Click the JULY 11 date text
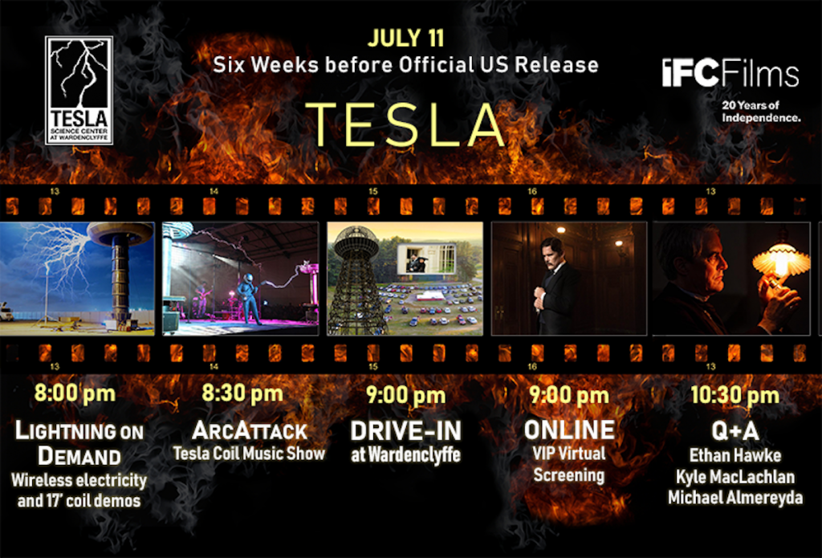pyautogui.click(x=405, y=39)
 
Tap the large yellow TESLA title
pyautogui.click(x=405, y=125)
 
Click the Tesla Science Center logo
pyautogui.click(x=79, y=90)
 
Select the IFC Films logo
pyautogui.click(x=730, y=73)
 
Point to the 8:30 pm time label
pyautogui.click(x=242, y=394)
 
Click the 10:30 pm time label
pyautogui.click(x=735, y=396)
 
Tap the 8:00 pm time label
pyautogui.click(x=75, y=393)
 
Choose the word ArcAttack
pyautogui.click(x=250, y=430)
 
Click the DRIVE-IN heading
pyautogui.click(x=405, y=431)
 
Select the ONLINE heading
pyautogui.click(x=569, y=430)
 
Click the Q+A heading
pyautogui.click(x=735, y=431)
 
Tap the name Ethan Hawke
pyautogui.click(x=735, y=455)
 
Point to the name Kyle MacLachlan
pyautogui.click(x=735, y=477)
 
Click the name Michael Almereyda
pyautogui.click(x=735, y=497)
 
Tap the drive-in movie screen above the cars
pyautogui.click(x=426, y=258)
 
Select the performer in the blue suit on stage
pyautogui.click(x=249, y=298)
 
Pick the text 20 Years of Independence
pyautogui.click(x=761, y=111)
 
